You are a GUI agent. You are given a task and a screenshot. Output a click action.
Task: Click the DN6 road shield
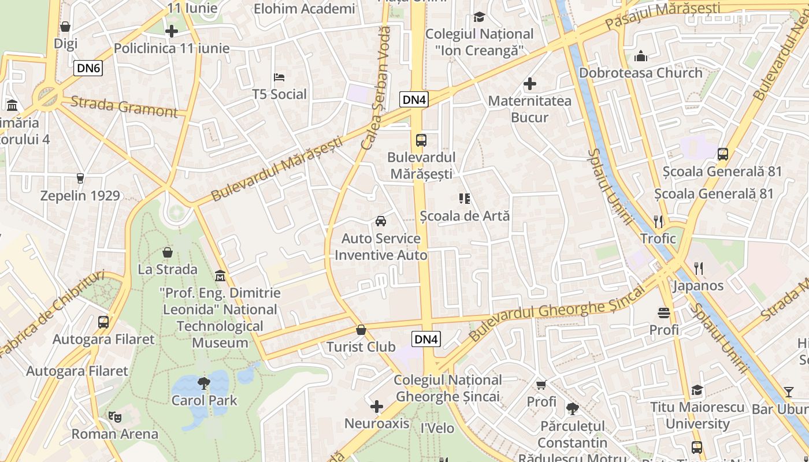(x=88, y=69)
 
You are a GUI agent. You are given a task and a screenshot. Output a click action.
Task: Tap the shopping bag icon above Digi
(x=65, y=27)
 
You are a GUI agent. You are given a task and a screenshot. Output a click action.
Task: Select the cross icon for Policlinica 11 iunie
(x=172, y=31)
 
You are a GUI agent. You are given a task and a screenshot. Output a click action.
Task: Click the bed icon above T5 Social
(x=279, y=77)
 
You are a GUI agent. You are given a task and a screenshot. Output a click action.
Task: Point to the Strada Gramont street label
(x=124, y=107)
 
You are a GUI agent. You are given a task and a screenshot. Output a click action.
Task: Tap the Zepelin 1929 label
(x=80, y=196)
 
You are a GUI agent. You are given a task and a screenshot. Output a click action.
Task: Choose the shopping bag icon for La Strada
(x=167, y=252)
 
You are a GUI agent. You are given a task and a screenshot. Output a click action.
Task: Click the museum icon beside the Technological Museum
(x=220, y=275)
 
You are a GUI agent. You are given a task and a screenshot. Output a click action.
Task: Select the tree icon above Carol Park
(x=203, y=382)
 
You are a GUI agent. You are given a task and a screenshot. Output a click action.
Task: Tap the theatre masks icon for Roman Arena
(x=114, y=416)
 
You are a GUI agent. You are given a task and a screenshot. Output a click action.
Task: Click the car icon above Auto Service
(x=381, y=221)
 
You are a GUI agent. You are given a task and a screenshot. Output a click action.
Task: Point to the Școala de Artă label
(x=465, y=216)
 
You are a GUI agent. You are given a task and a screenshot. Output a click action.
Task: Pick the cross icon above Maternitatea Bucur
(x=529, y=84)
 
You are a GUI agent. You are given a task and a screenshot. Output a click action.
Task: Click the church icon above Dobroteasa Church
(x=640, y=56)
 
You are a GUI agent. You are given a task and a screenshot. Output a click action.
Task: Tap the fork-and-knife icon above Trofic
(x=658, y=221)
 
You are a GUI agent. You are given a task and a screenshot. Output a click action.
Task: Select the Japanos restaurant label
(x=698, y=286)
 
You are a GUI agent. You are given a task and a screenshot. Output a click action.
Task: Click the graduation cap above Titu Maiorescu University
(x=697, y=390)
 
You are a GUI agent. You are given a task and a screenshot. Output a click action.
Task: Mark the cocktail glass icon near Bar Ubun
(x=789, y=392)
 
